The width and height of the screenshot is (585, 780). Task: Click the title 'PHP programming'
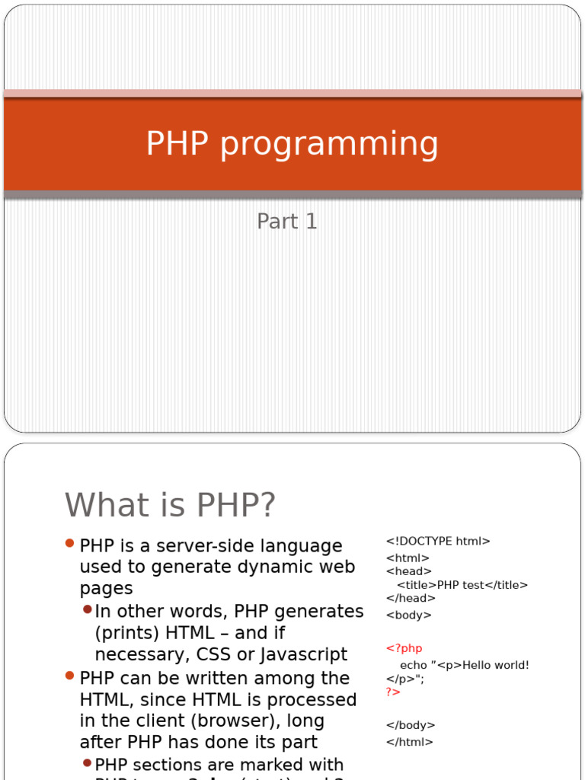click(x=292, y=144)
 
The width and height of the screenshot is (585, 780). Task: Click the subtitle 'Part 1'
click(x=287, y=222)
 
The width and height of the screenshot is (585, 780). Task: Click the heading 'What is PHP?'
click(x=171, y=504)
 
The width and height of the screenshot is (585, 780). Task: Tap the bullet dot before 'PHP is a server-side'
click(x=70, y=544)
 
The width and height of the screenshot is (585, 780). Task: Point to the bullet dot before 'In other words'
click(x=87, y=609)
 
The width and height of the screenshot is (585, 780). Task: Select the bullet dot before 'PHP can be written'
click(x=70, y=676)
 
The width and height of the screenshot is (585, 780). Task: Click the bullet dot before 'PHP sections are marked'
click(x=87, y=762)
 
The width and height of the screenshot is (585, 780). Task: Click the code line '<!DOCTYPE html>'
click(x=438, y=542)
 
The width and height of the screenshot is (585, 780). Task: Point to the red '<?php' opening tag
click(x=404, y=648)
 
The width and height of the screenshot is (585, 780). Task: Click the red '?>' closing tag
click(x=393, y=692)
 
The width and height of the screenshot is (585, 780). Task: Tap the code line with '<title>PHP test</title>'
click(x=462, y=585)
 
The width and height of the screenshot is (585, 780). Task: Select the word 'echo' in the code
click(x=414, y=665)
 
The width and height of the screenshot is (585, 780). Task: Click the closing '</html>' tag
click(x=410, y=742)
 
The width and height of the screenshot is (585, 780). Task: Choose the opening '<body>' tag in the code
click(x=409, y=615)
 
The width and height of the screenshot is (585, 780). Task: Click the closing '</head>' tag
click(x=411, y=599)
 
